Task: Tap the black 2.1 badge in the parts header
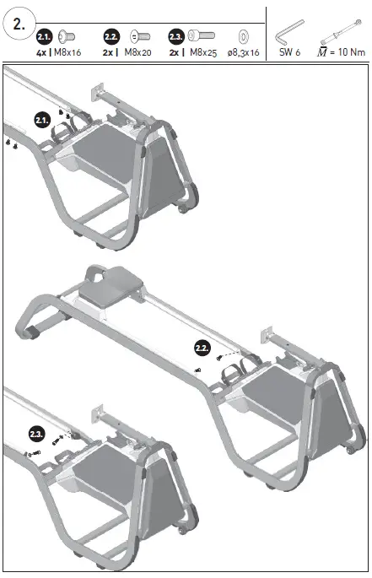pos(45,36)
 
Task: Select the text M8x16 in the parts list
pos(67,51)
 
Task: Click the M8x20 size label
pos(138,51)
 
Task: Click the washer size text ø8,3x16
pos(242,51)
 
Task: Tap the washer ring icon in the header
pos(243,36)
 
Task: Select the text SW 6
pos(290,51)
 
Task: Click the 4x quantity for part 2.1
pos(41,51)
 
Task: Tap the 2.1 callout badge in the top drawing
pos(42,120)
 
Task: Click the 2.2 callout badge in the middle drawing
pos(202,348)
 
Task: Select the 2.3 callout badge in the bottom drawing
pos(36,435)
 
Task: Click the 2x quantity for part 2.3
pos(175,51)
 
